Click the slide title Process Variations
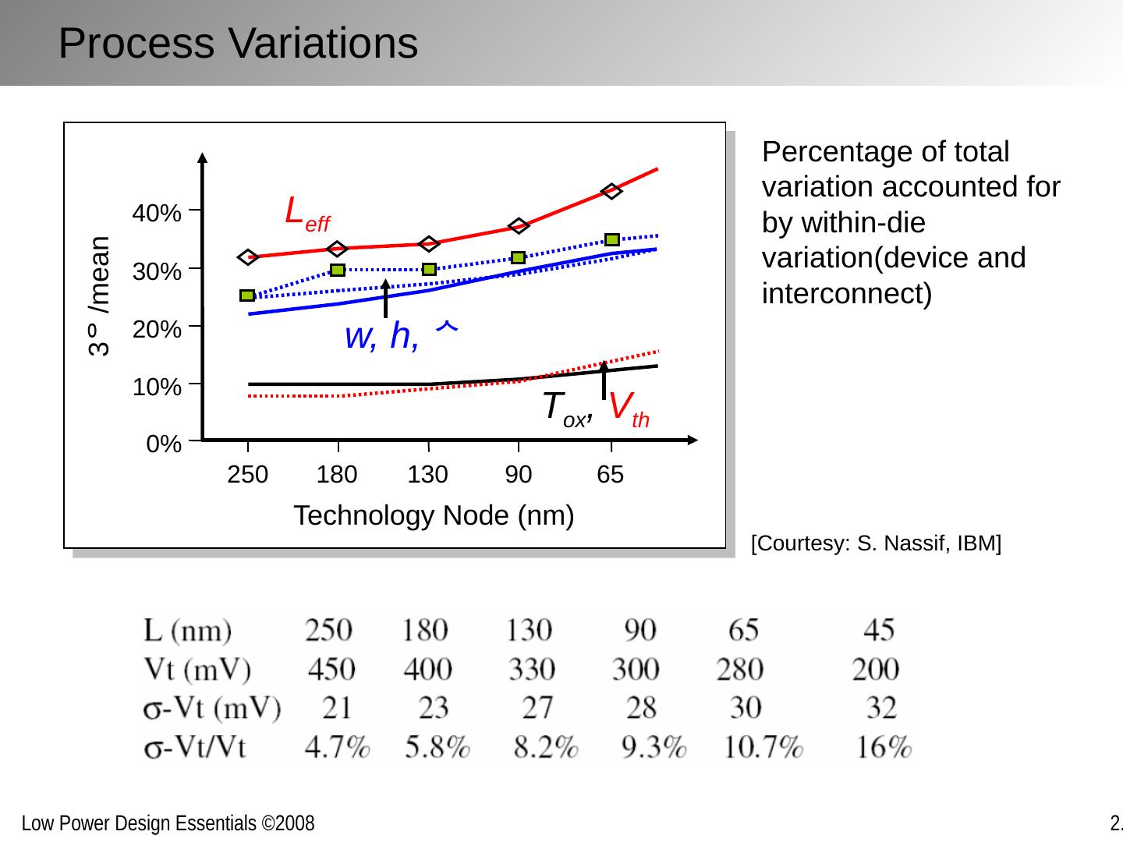[238, 43]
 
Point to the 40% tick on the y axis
[157, 213]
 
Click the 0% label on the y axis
[164, 444]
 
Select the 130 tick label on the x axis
[428, 475]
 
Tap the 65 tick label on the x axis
[611, 475]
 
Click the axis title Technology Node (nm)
[434, 516]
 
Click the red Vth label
[629, 409]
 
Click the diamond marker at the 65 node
[611, 191]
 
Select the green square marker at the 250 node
[247, 295]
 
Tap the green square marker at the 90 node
[518, 257]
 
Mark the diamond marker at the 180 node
[337, 249]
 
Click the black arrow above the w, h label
[385, 297]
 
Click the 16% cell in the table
[884, 748]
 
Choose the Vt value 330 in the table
[532, 669]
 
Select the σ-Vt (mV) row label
[212, 708]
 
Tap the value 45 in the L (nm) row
[880, 629]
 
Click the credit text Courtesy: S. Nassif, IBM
[876, 543]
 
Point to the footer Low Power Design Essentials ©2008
[168, 823]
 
